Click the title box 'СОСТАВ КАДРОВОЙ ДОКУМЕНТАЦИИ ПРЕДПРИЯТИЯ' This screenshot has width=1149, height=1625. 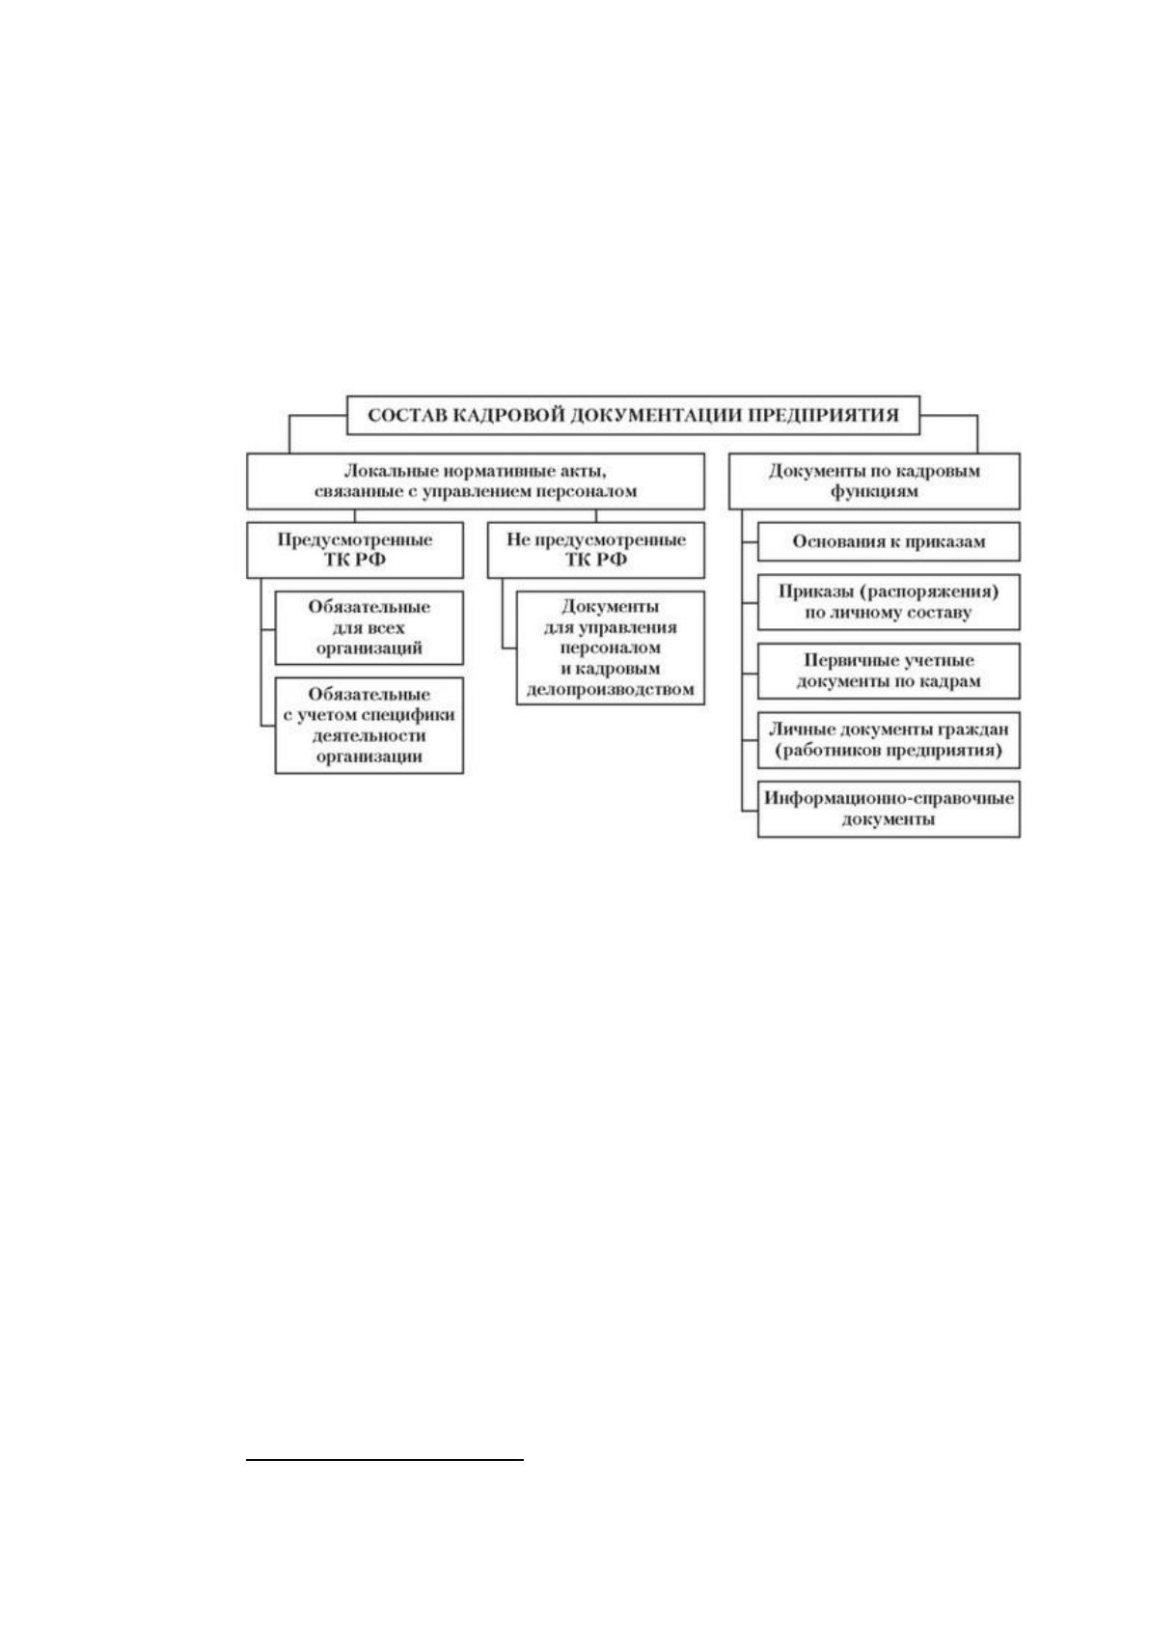[x=633, y=415]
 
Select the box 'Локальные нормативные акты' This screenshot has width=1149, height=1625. [x=475, y=481]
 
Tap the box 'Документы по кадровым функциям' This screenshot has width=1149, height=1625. [x=874, y=481]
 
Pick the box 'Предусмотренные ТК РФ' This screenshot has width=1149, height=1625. [x=355, y=550]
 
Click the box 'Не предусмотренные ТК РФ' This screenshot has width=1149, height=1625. [x=595, y=550]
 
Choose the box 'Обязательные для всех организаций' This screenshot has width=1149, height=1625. [x=369, y=627]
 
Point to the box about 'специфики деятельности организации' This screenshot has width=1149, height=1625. [x=369, y=726]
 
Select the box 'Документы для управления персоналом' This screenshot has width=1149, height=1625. [x=610, y=647]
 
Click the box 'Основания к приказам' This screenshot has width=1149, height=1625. [x=889, y=542]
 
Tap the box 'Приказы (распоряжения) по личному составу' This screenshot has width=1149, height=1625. [x=889, y=602]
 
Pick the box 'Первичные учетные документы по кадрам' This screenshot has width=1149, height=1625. [x=889, y=671]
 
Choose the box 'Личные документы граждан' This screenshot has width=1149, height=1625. [x=889, y=740]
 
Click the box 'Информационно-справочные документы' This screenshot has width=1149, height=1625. [x=889, y=809]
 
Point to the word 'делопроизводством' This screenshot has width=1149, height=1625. [x=610, y=689]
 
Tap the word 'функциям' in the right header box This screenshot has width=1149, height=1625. [x=874, y=492]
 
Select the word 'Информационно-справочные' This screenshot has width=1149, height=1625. [x=889, y=799]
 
